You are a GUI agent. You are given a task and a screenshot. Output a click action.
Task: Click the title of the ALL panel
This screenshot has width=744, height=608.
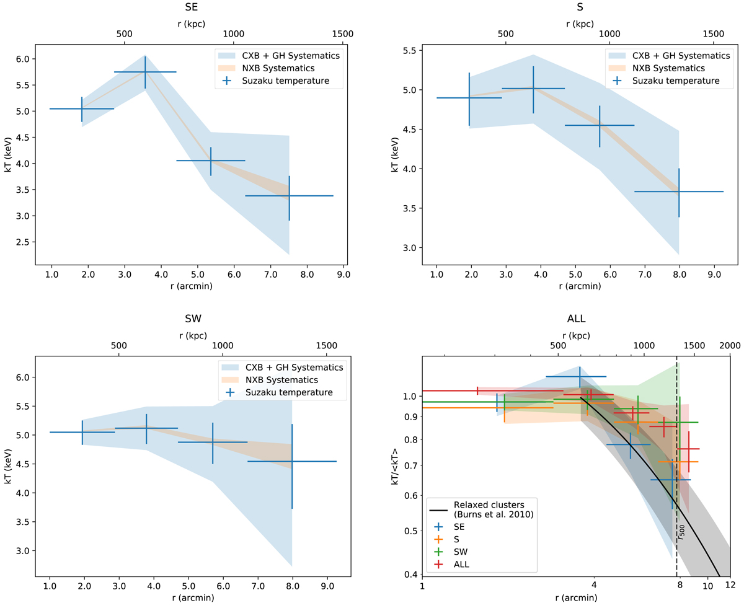pyautogui.click(x=576, y=319)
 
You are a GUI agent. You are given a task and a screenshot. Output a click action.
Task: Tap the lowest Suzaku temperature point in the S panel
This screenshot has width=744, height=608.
pyautogui.click(x=679, y=192)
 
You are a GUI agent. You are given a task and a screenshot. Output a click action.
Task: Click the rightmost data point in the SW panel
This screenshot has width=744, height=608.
pyautogui.click(x=292, y=461)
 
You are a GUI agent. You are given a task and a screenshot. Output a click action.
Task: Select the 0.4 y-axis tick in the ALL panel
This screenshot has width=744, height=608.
pyautogui.click(x=410, y=575)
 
